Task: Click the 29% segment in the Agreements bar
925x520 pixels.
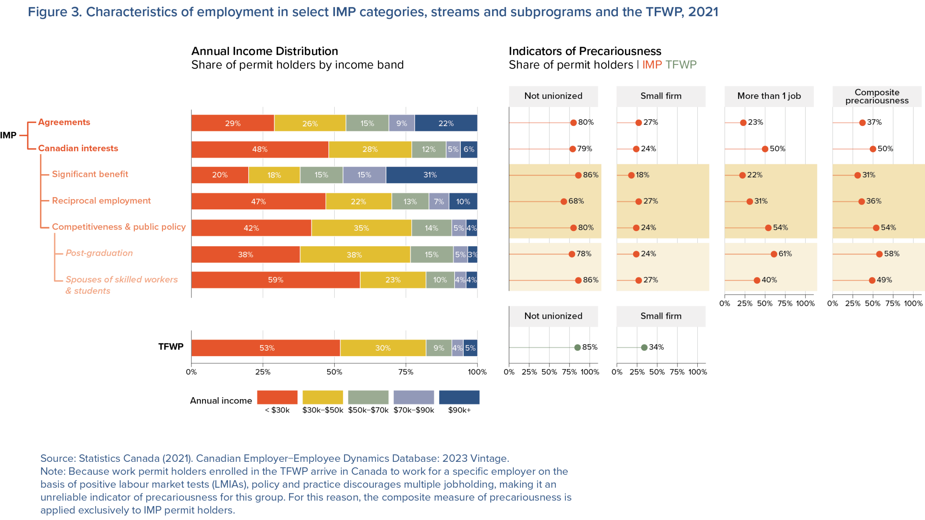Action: [233, 123]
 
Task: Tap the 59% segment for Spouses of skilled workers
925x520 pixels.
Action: [275, 280]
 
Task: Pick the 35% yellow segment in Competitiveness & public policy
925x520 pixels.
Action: [361, 228]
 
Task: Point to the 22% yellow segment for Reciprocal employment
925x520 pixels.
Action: [358, 201]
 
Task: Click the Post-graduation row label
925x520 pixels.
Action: [99, 253]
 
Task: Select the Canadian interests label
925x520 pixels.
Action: [78, 148]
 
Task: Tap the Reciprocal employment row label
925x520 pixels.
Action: [101, 201]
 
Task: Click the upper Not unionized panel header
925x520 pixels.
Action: [553, 96]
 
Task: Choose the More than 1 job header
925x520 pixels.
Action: [769, 96]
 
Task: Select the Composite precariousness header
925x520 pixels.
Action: [877, 96]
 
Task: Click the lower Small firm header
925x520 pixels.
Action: [661, 316]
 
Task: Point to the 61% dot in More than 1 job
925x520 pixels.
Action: [774, 254]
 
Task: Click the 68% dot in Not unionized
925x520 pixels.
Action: [564, 201]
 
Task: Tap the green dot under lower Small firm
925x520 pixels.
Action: [644, 348]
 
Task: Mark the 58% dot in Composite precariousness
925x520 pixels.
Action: [879, 254]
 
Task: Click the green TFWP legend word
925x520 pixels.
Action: [681, 65]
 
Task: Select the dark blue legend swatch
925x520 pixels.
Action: [459, 397]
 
